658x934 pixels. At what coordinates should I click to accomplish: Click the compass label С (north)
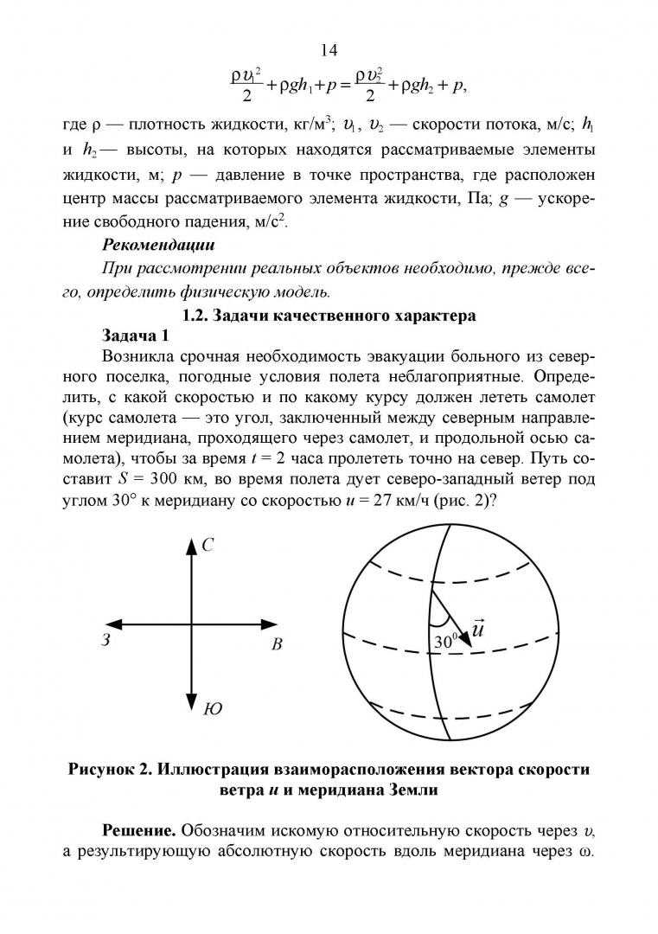point(208,545)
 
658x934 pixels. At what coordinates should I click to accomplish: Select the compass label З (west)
point(105,642)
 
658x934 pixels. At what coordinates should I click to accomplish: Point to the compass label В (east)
point(277,644)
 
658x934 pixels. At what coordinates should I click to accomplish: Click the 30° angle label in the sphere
point(444,642)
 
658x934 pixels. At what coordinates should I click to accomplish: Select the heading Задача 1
point(140,335)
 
